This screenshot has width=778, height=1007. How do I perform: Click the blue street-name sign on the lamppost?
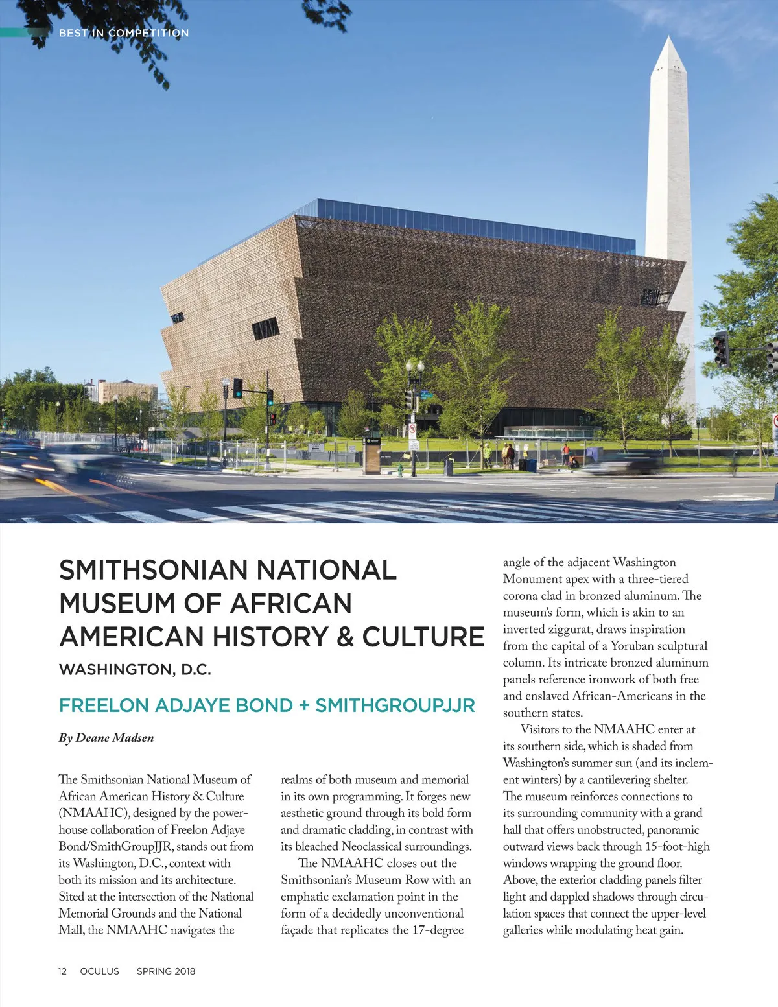coord(425,393)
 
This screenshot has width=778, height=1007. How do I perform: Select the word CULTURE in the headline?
coord(423,637)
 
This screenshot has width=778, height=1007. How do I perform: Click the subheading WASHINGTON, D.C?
coord(135,670)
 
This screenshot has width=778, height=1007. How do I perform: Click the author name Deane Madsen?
coord(115,738)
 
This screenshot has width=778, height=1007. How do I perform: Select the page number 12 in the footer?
coord(62,971)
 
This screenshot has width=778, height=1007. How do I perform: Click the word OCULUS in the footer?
coord(99,971)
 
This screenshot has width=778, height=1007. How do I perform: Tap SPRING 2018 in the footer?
coord(165,971)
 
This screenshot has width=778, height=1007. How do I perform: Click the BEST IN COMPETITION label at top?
coord(123,33)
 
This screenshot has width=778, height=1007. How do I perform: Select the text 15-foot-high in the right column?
coord(677,847)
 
